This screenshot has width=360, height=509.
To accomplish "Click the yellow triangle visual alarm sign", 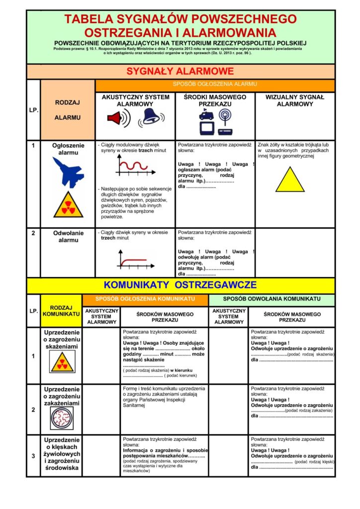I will click(290, 180).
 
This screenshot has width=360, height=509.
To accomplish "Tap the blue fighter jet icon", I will click(68, 172).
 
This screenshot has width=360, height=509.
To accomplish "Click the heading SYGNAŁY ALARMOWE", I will click(180, 71).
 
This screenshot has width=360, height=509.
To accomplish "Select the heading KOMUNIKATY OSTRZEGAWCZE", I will click(180, 285).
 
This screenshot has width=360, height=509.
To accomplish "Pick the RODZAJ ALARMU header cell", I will click(68, 110).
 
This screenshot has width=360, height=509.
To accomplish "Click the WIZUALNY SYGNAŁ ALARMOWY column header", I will click(295, 100).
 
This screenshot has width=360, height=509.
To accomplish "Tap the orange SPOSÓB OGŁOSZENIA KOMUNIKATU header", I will click(145, 299).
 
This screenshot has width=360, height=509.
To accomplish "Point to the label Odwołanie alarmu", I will click(68, 237).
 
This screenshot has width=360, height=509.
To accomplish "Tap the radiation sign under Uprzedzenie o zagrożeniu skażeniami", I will click(62, 362).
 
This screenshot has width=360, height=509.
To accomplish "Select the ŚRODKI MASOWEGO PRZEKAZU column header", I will click(215, 100).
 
